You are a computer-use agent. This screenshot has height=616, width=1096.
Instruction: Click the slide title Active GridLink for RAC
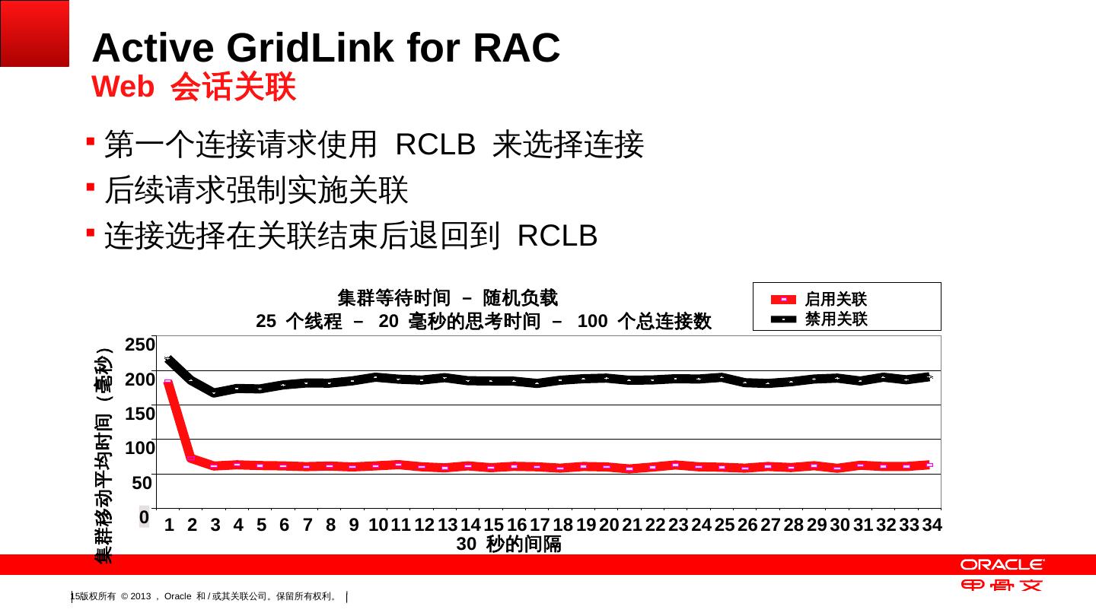(x=326, y=48)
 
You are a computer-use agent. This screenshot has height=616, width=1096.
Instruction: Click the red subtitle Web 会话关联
(x=193, y=87)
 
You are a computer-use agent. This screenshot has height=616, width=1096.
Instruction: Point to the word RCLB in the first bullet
(x=435, y=144)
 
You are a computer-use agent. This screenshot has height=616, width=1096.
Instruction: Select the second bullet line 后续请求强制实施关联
(x=256, y=190)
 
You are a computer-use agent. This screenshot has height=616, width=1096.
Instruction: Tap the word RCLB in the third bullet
(x=557, y=237)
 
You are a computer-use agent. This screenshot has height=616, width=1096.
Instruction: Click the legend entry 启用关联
(x=836, y=300)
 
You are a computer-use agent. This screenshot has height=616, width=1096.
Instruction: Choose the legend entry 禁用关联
(x=836, y=319)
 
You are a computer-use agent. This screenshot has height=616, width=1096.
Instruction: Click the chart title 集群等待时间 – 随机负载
(x=448, y=296)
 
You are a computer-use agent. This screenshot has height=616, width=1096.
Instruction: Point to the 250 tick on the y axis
(x=139, y=345)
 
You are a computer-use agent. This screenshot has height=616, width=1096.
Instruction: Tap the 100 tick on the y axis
(x=139, y=447)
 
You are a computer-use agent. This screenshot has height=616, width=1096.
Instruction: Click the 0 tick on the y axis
(x=144, y=517)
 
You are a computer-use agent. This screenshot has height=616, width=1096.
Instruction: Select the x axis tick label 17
(x=540, y=525)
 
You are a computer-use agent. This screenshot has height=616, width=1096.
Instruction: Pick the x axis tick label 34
(x=932, y=525)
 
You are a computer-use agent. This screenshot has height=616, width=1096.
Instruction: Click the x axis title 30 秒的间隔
(x=508, y=545)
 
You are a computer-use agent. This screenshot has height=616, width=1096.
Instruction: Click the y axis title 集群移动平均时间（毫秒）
(x=104, y=456)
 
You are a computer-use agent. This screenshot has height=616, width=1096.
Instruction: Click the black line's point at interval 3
(x=215, y=393)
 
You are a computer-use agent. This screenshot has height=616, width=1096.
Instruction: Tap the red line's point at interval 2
(x=192, y=459)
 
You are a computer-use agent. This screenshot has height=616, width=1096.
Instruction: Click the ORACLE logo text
(x=1002, y=564)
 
